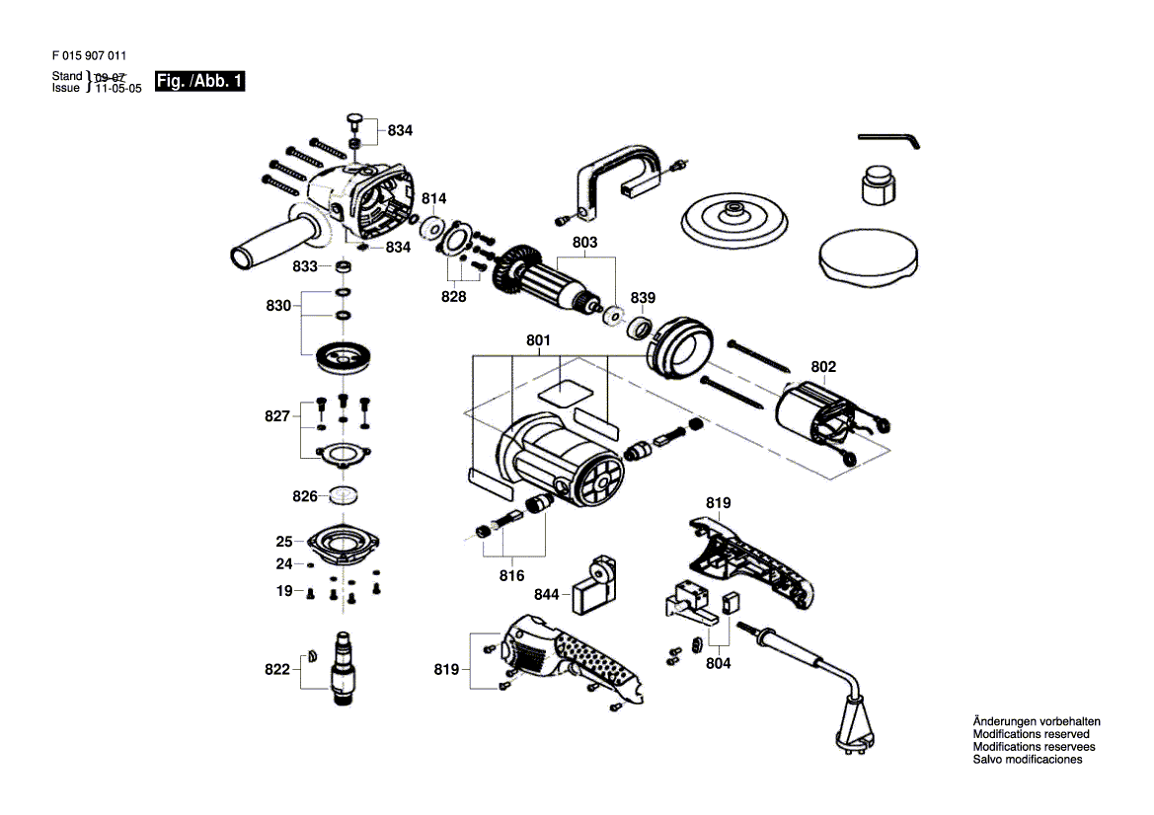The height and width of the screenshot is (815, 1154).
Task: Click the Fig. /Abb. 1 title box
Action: (199, 81)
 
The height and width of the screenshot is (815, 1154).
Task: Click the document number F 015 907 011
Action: (89, 55)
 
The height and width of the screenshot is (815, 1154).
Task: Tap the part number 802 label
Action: (823, 366)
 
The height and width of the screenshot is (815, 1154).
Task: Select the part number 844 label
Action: (547, 594)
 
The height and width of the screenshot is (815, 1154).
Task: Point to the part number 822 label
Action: (277, 669)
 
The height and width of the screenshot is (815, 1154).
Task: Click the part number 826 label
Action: (305, 495)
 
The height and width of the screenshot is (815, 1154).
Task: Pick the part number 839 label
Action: (643, 297)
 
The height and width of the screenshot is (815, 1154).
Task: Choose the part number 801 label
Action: (538, 339)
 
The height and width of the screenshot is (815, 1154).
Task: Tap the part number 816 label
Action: (511, 575)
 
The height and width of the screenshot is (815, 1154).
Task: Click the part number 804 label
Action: (719, 663)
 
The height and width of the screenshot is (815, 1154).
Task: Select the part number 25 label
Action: (284, 541)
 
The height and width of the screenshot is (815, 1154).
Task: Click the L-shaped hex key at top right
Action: (889, 140)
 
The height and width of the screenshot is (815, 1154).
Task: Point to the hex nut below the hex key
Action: (879, 185)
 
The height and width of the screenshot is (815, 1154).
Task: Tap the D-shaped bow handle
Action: (619, 182)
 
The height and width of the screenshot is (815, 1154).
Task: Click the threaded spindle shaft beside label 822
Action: (344, 669)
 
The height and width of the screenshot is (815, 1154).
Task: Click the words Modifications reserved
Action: (1031, 734)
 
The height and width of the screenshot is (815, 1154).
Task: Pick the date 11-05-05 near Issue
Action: (118, 88)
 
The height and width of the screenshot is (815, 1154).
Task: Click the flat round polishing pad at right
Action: (869, 258)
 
